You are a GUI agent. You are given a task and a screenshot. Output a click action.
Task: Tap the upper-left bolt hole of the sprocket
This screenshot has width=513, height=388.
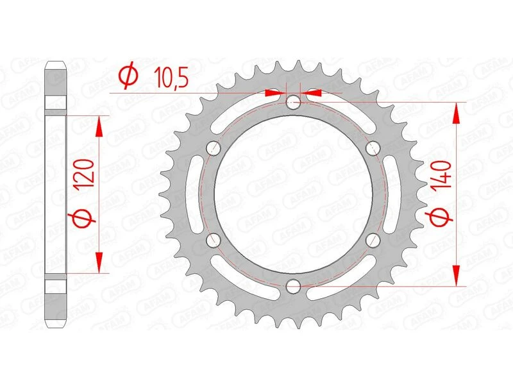pos(213,148)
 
